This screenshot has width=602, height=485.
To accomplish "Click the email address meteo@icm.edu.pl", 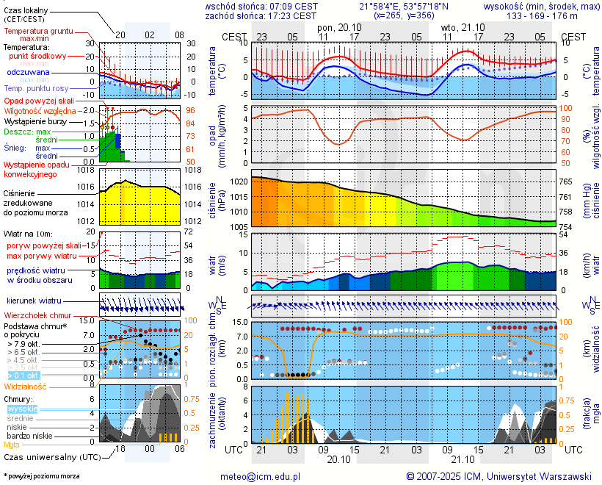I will click(261, 476).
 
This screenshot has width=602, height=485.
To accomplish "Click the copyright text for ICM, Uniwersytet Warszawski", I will click(499, 476).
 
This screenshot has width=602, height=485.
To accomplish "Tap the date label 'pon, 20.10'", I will click(339, 26).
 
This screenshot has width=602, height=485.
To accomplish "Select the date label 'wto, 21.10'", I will click(462, 26).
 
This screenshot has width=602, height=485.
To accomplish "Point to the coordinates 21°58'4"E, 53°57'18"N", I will click(402, 6).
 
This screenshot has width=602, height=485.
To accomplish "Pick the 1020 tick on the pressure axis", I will click(239, 181).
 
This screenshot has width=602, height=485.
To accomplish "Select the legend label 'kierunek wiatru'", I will click(34, 301).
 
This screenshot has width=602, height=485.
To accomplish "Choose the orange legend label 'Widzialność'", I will click(26, 386).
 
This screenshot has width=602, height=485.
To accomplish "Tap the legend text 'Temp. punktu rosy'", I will click(37, 88).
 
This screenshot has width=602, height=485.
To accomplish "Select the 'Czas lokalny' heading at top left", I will click(26, 10).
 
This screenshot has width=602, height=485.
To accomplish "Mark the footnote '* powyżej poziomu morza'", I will click(42, 476).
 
